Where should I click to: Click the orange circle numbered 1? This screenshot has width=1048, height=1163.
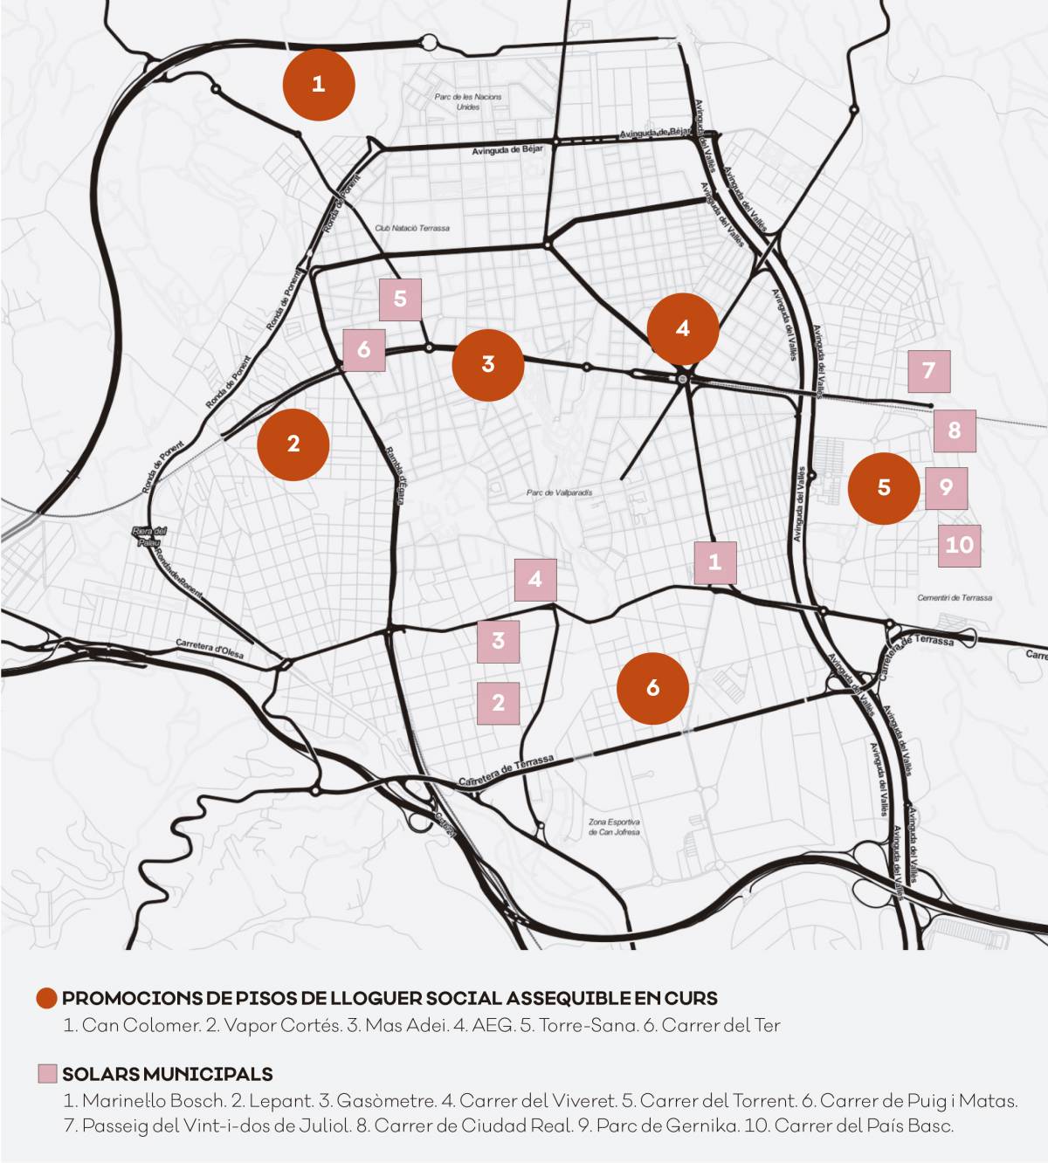click(318, 85)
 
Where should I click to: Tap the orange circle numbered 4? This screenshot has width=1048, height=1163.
click(682, 328)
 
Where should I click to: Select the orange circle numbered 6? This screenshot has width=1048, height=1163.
click(652, 688)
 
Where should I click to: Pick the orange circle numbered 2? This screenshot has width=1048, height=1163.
click(293, 444)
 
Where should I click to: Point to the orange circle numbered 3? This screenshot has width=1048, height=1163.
click(487, 364)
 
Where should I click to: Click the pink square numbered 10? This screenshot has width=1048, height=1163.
click(959, 546)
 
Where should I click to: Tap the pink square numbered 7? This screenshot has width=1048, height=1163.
click(928, 371)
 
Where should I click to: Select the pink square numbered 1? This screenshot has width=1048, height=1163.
click(715, 562)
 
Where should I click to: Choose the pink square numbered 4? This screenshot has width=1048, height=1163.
click(534, 579)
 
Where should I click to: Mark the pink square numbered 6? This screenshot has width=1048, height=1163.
click(363, 351)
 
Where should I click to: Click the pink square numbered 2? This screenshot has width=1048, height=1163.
click(499, 703)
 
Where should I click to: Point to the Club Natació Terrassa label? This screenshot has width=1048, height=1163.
click(412, 228)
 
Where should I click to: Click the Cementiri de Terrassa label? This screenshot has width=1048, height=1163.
click(955, 598)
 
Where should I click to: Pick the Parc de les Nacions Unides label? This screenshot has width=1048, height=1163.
click(468, 102)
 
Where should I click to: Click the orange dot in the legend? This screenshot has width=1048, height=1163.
click(47, 998)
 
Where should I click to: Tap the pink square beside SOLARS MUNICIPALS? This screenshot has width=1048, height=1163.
click(47, 1074)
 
